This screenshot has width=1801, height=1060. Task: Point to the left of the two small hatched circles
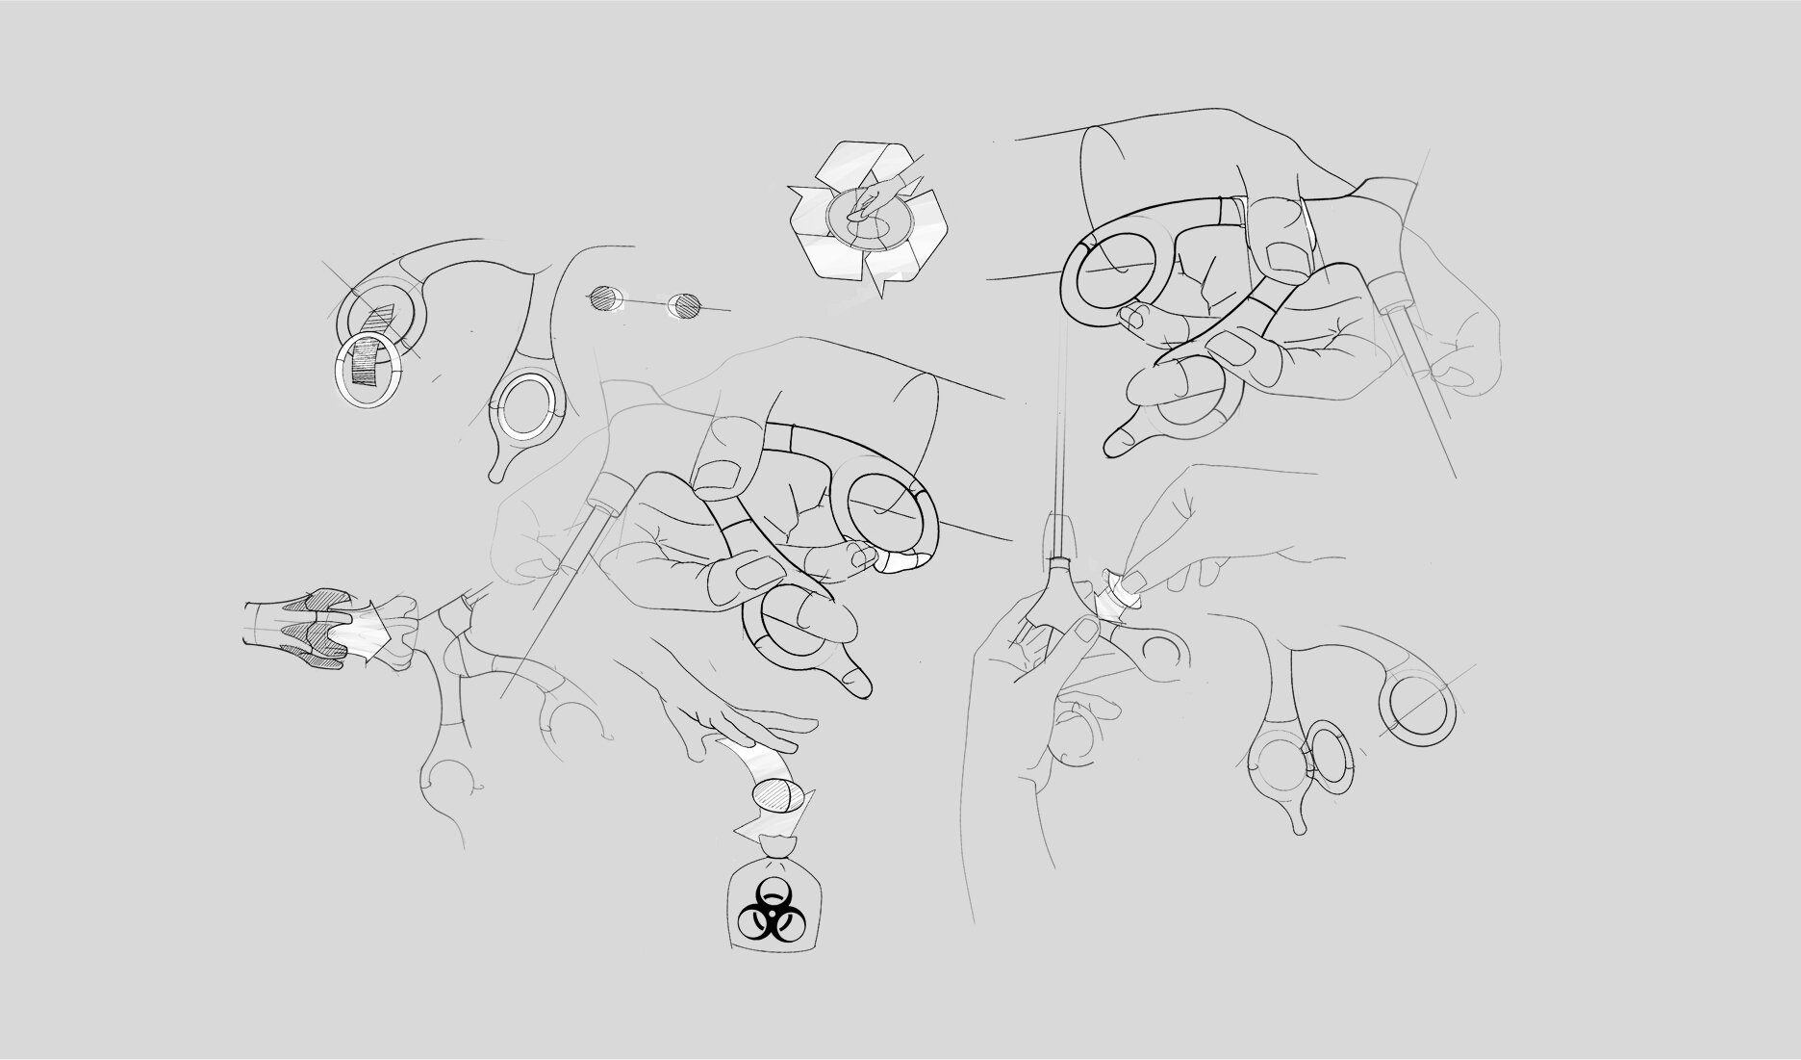603,298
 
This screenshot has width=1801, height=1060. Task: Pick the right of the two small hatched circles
686,306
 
